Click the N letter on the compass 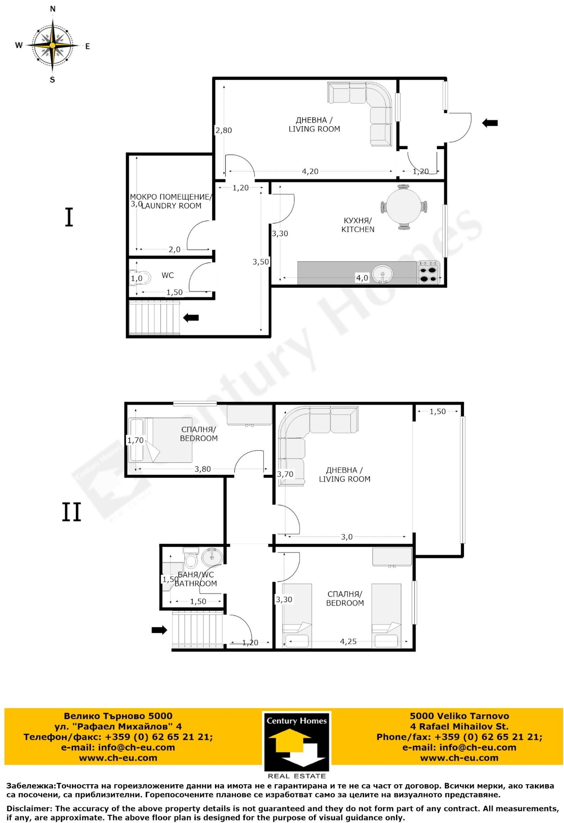pyautogui.click(x=53, y=9)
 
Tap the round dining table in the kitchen pyautogui.click(x=404, y=207)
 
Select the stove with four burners pyautogui.click(x=428, y=273)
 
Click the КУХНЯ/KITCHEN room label pyautogui.click(x=357, y=225)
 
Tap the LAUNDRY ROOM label pyautogui.click(x=171, y=206)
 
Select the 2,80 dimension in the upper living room pyautogui.click(x=224, y=130)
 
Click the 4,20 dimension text pyautogui.click(x=310, y=171)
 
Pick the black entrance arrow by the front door pyautogui.click(x=490, y=123)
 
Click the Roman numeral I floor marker pyautogui.click(x=69, y=218)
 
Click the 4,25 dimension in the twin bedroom pyautogui.click(x=348, y=641)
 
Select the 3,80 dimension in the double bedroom pyautogui.click(x=203, y=469)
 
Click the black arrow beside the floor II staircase pyautogui.click(x=159, y=630)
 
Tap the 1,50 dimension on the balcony pyautogui.click(x=437, y=411)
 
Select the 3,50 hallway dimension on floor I pyautogui.click(x=261, y=262)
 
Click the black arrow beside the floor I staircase pyautogui.click(x=191, y=317)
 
